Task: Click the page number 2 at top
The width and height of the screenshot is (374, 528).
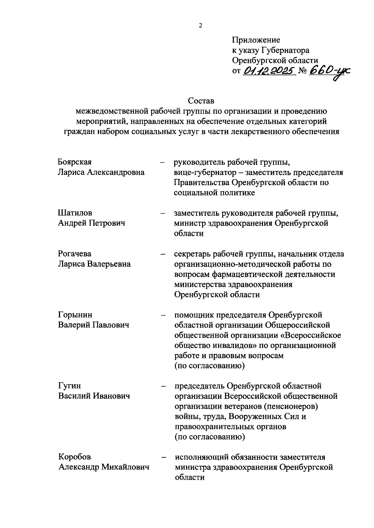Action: tap(201, 26)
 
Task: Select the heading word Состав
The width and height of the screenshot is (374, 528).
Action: tap(201, 101)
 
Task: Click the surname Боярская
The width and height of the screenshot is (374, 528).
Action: tap(75, 162)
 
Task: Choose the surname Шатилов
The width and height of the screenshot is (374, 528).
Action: tap(75, 213)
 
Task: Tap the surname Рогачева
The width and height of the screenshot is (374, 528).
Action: tap(75, 254)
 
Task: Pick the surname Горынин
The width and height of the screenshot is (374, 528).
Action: tap(75, 315)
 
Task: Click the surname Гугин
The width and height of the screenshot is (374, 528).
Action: tap(70, 386)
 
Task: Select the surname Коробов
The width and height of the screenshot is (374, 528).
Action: tap(75, 457)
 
